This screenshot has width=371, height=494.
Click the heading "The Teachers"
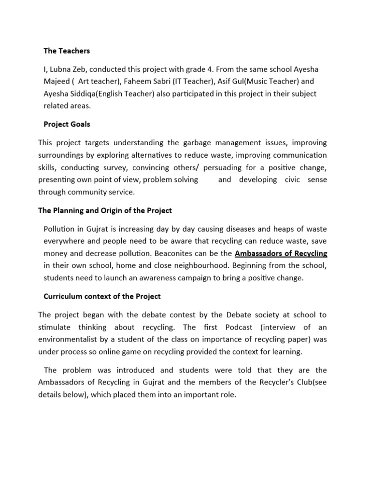pyautogui.click(x=67, y=51)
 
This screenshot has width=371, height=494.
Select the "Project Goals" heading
pyautogui.click(x=67, y=124)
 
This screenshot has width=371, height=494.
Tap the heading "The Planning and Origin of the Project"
pyautogui.click(x=105, y=210)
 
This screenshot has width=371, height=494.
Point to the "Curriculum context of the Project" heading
pyautogui.click(x=102, y=296)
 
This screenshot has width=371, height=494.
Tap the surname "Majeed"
pyautogui.click(x=57, y=81)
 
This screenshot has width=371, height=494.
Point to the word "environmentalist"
pyautogui.click(x=71, y=340)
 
